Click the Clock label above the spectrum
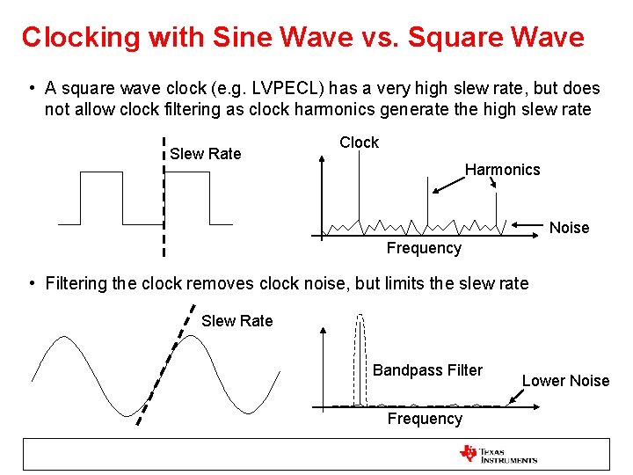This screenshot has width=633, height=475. tap(359, 142)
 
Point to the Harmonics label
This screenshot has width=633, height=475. tap(502, 169)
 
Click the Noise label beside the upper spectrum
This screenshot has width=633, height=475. tap(569, 228)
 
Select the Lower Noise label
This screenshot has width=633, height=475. tap(565, 381)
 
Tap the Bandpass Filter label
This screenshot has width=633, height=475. tap(427, 370)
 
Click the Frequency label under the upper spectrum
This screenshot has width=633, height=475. tap(424, 248)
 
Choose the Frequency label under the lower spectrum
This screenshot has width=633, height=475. tap(425, 419)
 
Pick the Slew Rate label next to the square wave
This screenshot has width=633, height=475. tap(205, 154)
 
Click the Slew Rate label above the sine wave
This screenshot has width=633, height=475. tap(237, 321)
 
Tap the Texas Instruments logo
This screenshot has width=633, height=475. tap(498, 454)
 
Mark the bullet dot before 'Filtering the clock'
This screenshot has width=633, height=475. tap(31, 283)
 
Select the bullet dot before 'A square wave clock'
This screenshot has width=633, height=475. tap(31, 89)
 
